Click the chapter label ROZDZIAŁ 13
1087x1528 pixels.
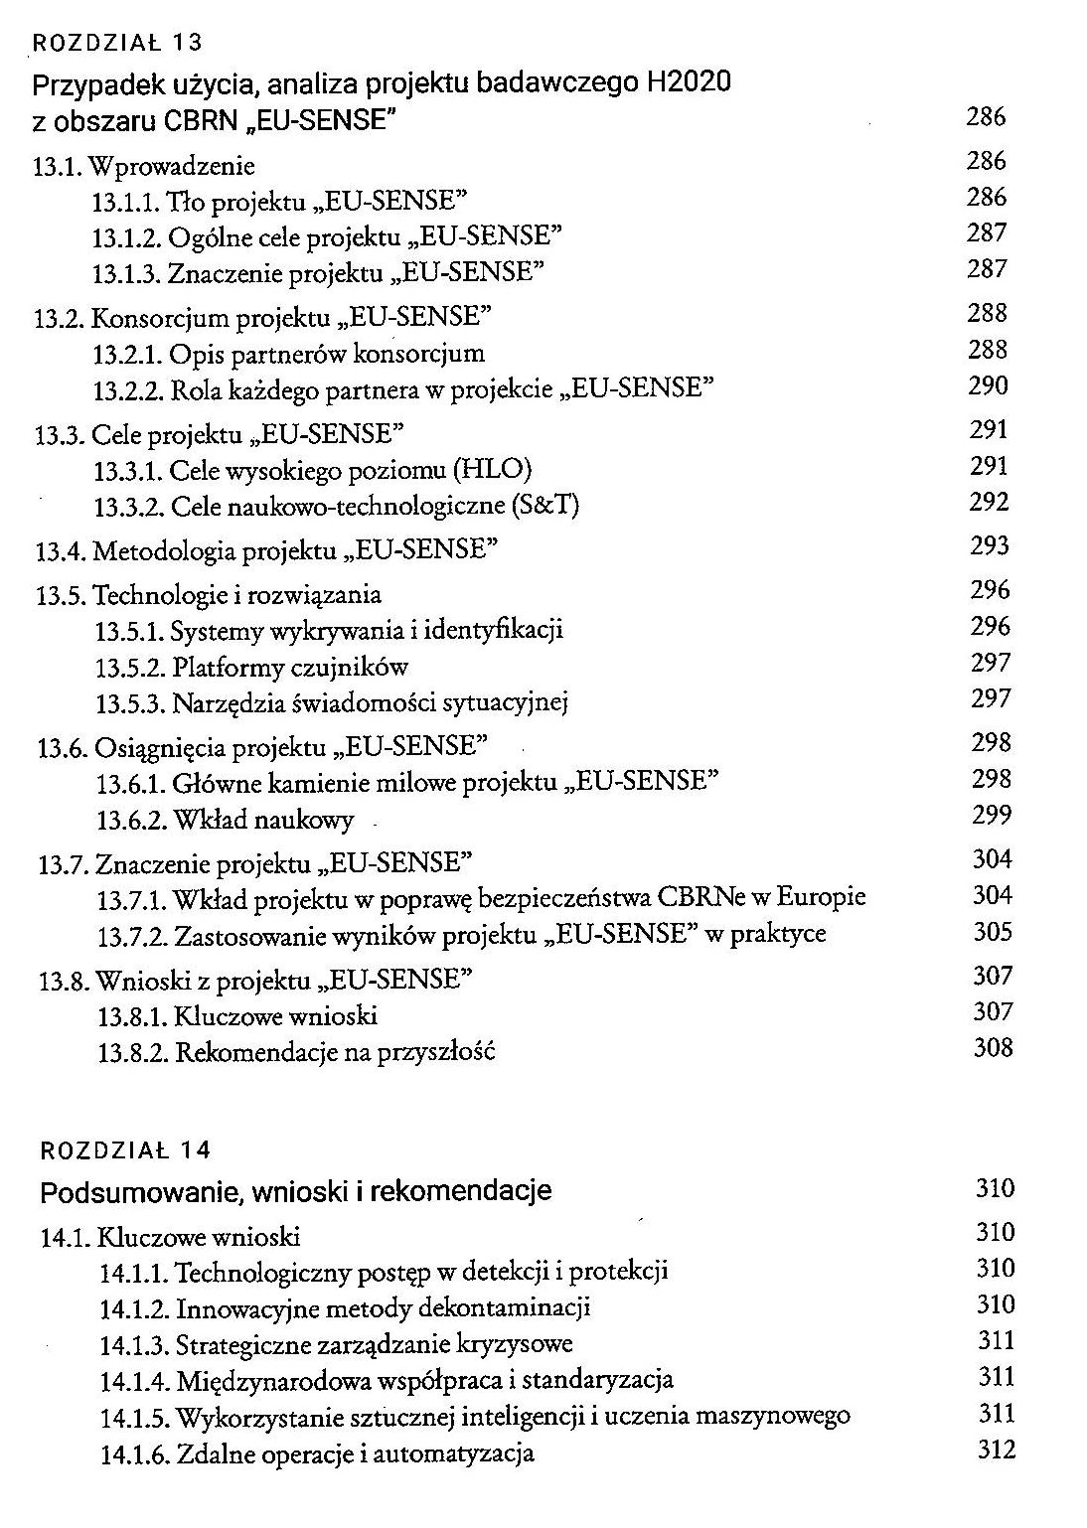pos(118,43)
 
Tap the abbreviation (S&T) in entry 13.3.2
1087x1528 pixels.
pos(543,507)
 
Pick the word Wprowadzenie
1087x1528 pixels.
pos(173,166)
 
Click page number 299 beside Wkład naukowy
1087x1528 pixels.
pos(992,816)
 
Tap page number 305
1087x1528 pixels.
pos(993,933)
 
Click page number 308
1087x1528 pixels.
pos(993,1048)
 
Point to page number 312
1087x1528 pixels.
pos(997,1451)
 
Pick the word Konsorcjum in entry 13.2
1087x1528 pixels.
pos(161,318)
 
